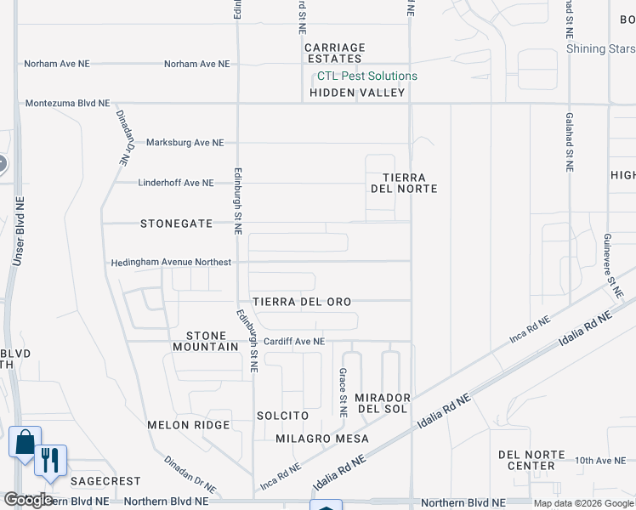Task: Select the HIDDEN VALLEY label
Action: [357, 92]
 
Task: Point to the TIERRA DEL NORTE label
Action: [404, 183]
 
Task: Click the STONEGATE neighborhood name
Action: [177, 224]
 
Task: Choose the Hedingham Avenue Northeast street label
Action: [171, 263]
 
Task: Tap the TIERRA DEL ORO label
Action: [302, 302]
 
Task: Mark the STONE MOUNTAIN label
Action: [206, 341]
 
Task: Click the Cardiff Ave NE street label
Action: [294, 341]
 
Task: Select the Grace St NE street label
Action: [343, 393]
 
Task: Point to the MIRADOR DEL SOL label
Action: [383, 404]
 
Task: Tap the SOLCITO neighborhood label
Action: [282, 416]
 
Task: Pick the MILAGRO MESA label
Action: [322, 439]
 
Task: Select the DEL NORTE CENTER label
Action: [531, 460]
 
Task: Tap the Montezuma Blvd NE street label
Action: [68, 103]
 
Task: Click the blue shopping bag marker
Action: [25, 443]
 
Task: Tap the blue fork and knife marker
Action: [50, 462]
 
